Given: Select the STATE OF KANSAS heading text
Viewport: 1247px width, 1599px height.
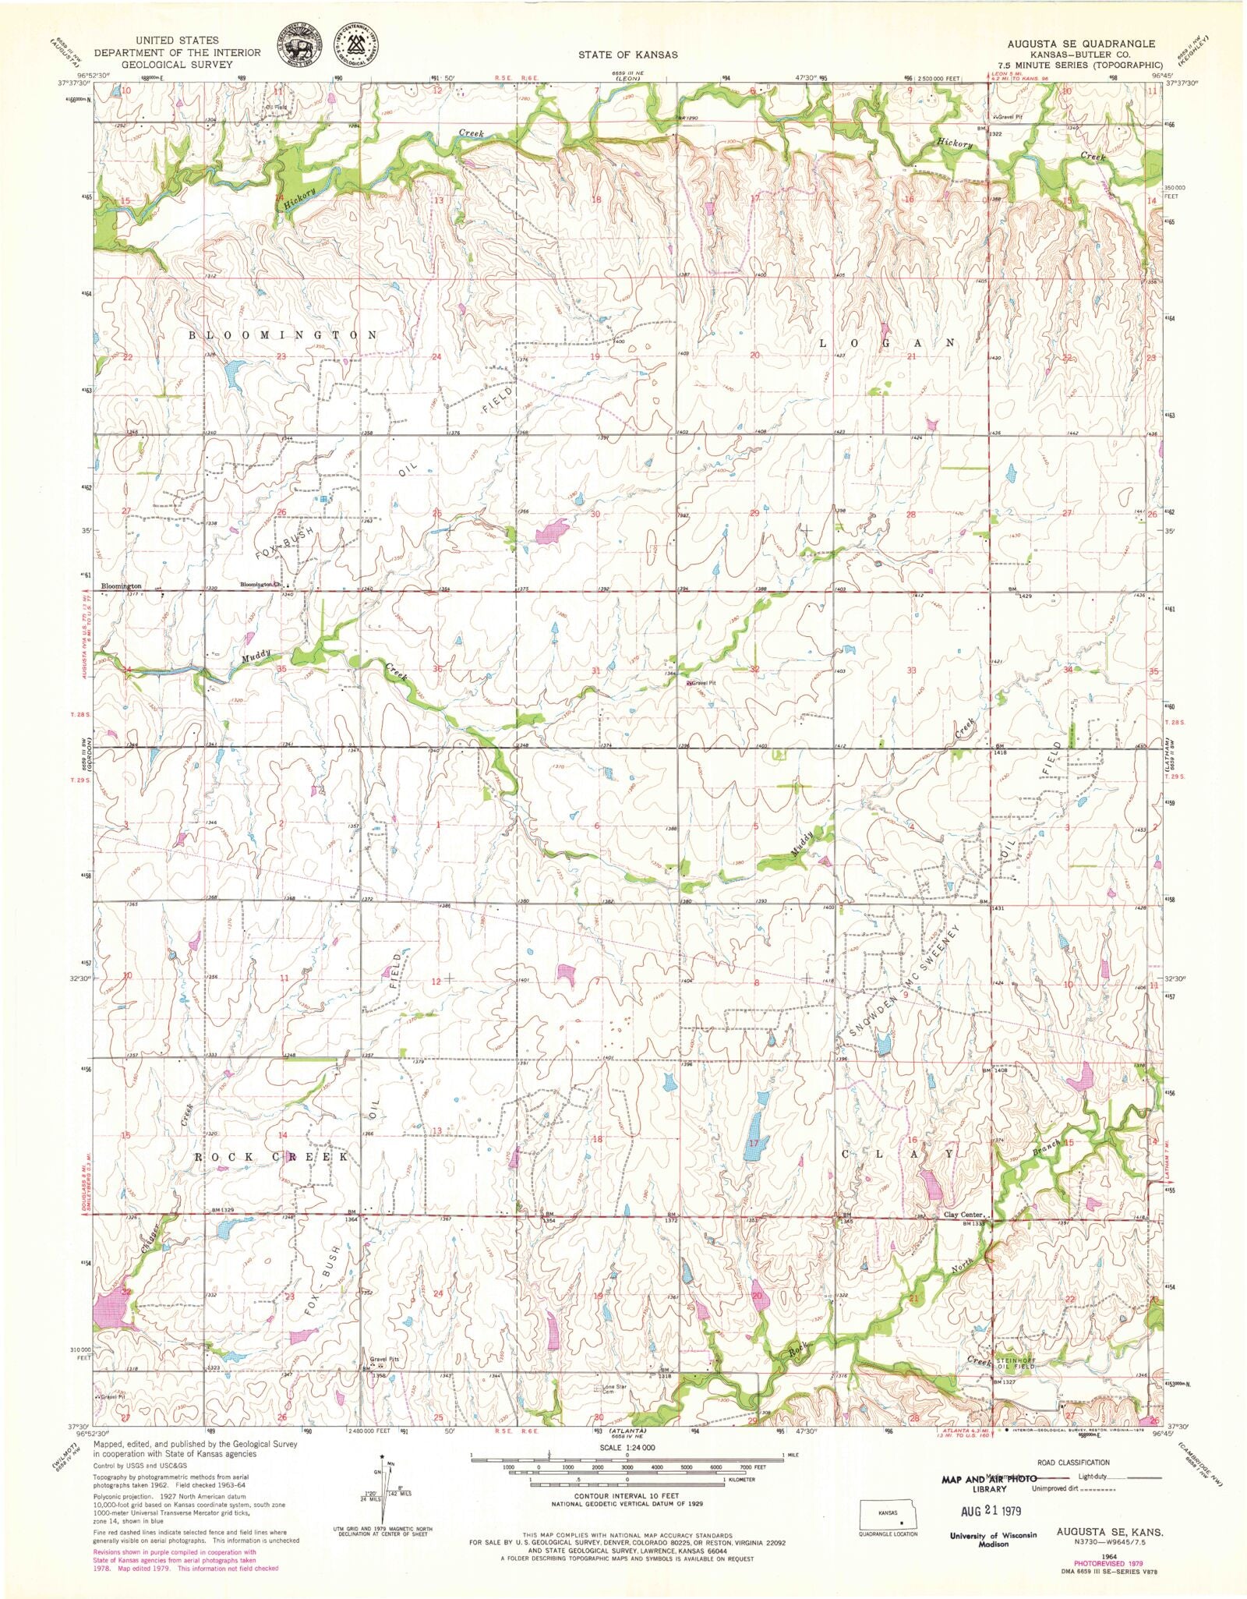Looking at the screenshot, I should [x=627, y=55].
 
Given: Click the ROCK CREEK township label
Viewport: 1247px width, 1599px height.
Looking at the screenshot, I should [x=270, y=1157].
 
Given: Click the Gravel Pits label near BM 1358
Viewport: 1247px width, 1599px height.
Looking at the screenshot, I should [x=383, y=1359].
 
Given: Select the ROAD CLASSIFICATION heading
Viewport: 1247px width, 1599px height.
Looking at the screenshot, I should [x=1071, y=1462].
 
